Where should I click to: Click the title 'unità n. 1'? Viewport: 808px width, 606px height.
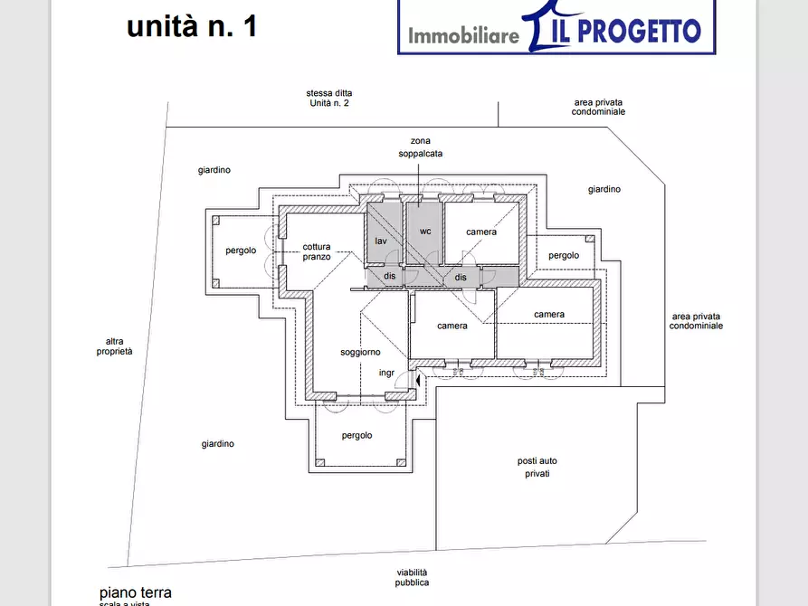tap(192, 25)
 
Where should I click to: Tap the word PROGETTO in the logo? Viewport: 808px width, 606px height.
tap(639, 32)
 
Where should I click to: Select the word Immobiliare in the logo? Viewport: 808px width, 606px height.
tap(463, 36)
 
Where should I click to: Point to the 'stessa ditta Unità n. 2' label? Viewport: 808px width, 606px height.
tap(329, 99)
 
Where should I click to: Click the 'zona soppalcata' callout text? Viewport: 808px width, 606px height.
tap(421, 147)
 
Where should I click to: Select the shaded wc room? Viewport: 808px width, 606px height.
tap(424, 232)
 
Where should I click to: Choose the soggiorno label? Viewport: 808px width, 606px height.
tap(360, 352)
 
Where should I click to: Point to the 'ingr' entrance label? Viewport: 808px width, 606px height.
tap(386, 373)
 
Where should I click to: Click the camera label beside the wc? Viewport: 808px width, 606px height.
tap(481, 232)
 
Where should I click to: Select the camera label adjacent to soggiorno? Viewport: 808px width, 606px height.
tap(452, 326)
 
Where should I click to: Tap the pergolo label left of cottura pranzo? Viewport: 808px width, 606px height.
tap(241, 251)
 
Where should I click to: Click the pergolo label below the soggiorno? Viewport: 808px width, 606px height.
tap(357, 436)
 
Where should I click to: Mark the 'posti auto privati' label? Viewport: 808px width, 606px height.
tap(534, 467)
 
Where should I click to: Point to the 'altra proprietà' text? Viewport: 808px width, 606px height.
tap(115, 346)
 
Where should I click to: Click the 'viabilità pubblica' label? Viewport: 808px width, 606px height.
tap(412, 577)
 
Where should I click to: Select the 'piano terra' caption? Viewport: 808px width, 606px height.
tap(135, 592)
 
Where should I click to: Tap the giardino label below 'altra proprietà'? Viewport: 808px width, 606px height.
tap(218, 444)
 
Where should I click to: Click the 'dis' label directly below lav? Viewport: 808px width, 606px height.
tap(390, 278)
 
